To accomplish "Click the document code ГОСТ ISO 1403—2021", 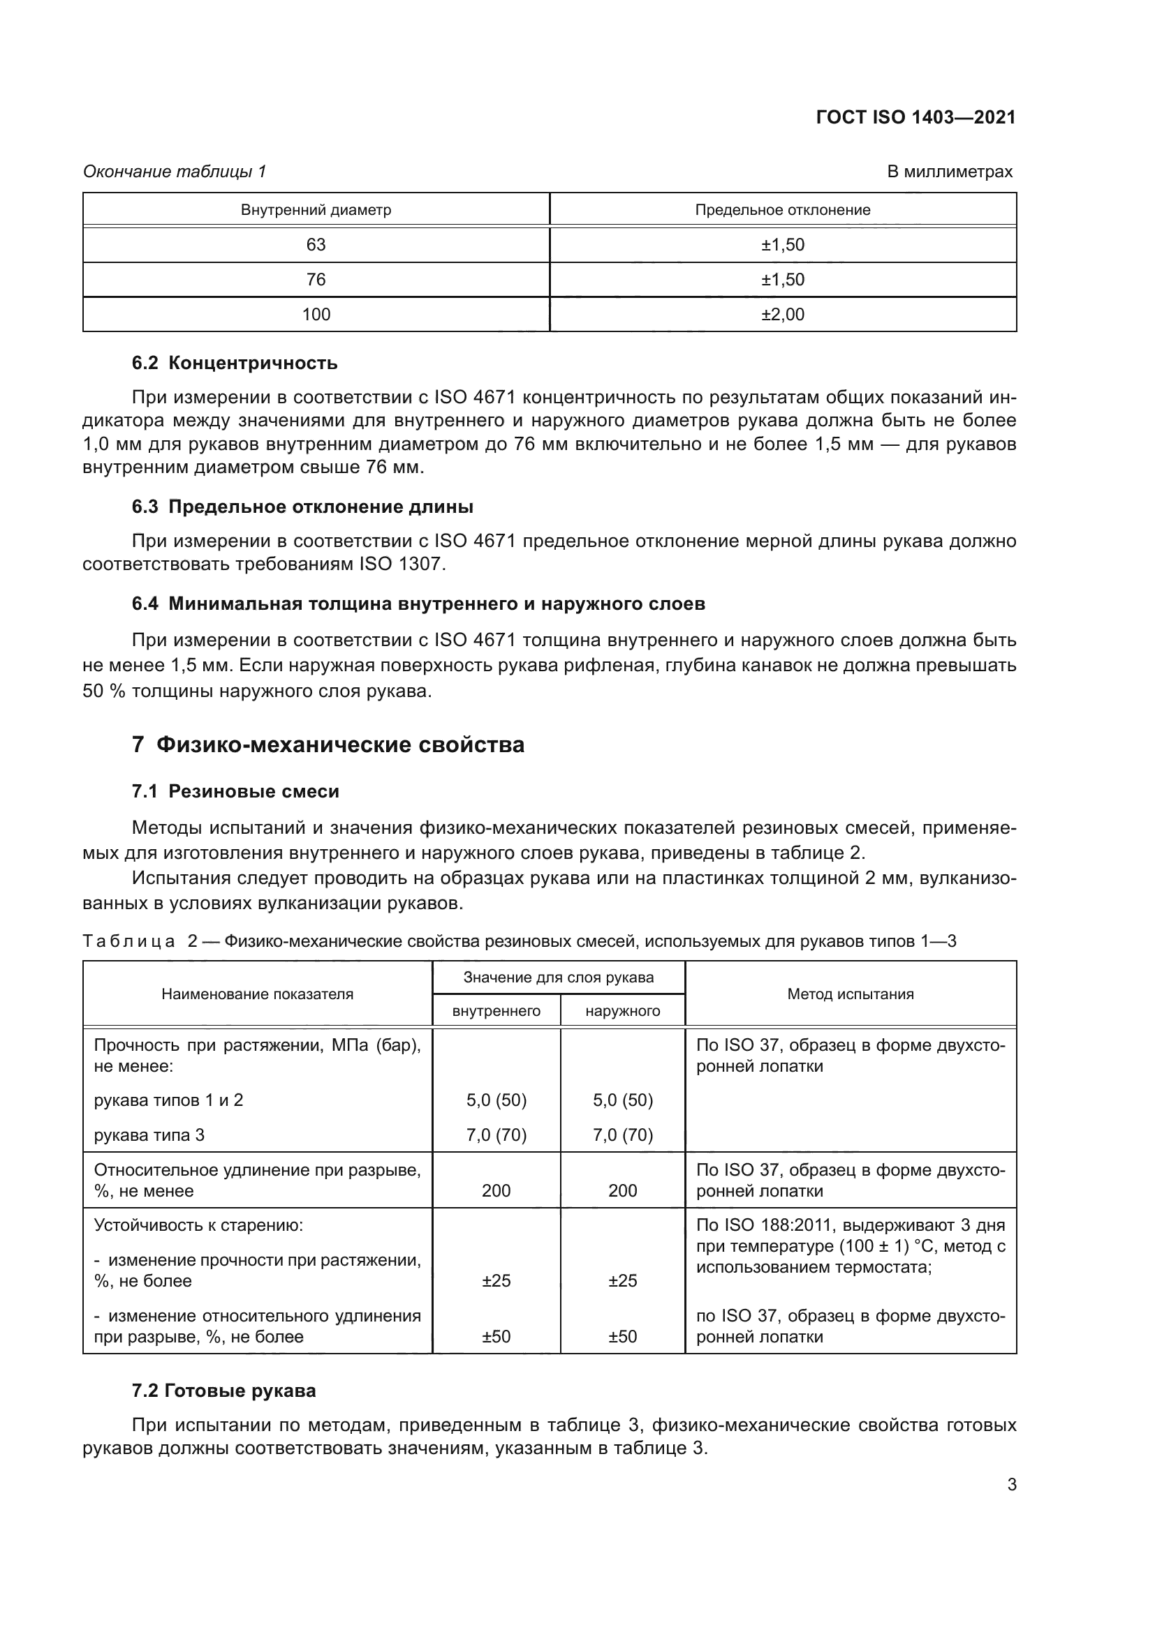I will click(915, 118).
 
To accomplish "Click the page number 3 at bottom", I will click(1011, 1485).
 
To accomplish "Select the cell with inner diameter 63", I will click(316, 244).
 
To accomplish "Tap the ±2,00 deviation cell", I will click(782, 314).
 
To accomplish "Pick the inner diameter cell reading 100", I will click(316, 314).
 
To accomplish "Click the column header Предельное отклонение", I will click(782, 210).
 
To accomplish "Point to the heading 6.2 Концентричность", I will click(235, 364).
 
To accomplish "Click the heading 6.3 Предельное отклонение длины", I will click(302, 507).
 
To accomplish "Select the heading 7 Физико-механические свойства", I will click(328, 745).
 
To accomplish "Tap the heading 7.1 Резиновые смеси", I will click(235, 791).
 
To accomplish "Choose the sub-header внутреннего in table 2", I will click(496, 1011).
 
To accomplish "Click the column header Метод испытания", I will click(850, 994).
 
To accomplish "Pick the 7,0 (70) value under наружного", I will click(622, 1135).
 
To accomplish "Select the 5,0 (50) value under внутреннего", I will click(496, 1100).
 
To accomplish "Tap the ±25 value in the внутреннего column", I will click(496, 1281).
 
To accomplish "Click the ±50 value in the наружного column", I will click(622, 1336).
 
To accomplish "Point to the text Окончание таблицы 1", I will click(175, 172).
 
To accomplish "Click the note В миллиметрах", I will click(950, 172).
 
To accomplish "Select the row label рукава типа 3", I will click(149, 1135).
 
